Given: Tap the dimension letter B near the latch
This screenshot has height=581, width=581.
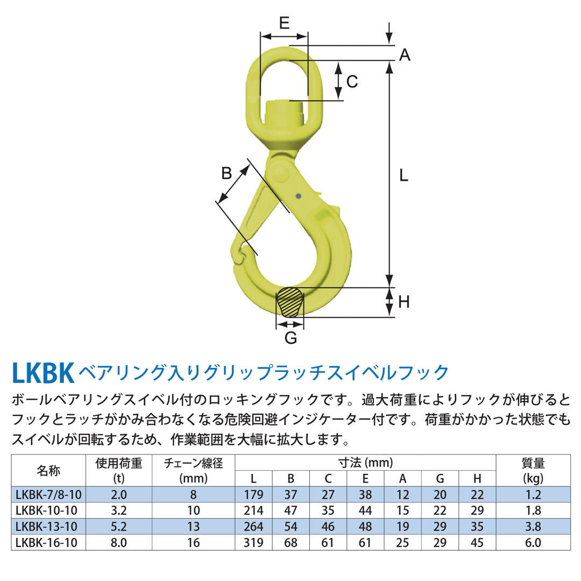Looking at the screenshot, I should pos(227,173).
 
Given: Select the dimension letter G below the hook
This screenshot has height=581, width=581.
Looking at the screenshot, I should pos(290,338).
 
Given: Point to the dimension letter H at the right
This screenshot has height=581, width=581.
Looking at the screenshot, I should pos(404,302).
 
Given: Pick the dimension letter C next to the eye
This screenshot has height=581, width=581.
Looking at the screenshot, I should pos(352,82).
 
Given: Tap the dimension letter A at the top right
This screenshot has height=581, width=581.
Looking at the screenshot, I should pos(405,54).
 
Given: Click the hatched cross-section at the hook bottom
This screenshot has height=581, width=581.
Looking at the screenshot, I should pos(290,302).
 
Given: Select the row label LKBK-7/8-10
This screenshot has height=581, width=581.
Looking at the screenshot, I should pos(48,494).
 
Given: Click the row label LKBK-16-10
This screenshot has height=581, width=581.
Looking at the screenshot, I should pos(48,543).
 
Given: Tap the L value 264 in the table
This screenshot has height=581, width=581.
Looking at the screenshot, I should pos(254,527).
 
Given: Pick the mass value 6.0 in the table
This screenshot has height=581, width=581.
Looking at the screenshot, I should pos(533,543).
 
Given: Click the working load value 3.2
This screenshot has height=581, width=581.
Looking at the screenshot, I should pos(118,511).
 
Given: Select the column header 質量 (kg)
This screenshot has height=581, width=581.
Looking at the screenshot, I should pos(533,470).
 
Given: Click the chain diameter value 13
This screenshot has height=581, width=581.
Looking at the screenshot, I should pos(194,527).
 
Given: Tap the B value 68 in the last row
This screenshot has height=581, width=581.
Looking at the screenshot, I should pos(290,543).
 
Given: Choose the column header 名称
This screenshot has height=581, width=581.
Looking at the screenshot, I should pos(48,470).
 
